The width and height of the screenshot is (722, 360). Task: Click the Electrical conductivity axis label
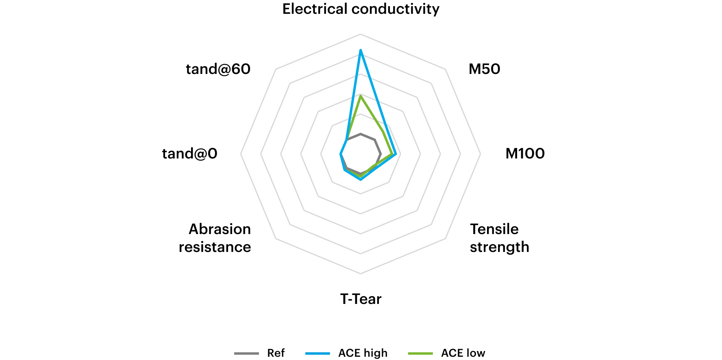click(361, 9)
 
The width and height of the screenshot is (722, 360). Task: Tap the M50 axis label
click(484, 69)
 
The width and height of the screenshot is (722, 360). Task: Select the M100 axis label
click(525, 154)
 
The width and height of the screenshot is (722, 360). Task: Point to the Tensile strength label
click(499, 238)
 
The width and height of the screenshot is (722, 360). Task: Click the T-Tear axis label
click(361, 299)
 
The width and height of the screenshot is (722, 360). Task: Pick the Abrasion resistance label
click(215, 238)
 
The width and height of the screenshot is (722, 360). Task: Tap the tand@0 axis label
click(189, 154)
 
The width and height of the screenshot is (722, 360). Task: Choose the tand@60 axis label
click(218, 69)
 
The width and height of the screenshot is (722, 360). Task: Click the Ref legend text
click(276, 353)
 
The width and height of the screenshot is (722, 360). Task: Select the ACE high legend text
click(363, 353)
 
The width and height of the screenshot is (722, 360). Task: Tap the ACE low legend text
click(463, 353)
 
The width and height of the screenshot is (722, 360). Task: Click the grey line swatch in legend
click(246, 353)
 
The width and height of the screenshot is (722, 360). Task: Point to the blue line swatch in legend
click(318, 353)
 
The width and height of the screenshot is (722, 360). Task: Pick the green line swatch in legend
click(420, 353)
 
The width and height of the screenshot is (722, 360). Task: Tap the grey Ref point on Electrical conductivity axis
click(361, 134)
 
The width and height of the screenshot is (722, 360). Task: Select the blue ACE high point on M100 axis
click(396, 154)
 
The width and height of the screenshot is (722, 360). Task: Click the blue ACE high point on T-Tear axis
click(361, 179)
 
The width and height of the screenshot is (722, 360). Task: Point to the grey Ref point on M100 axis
click(381, 154)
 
